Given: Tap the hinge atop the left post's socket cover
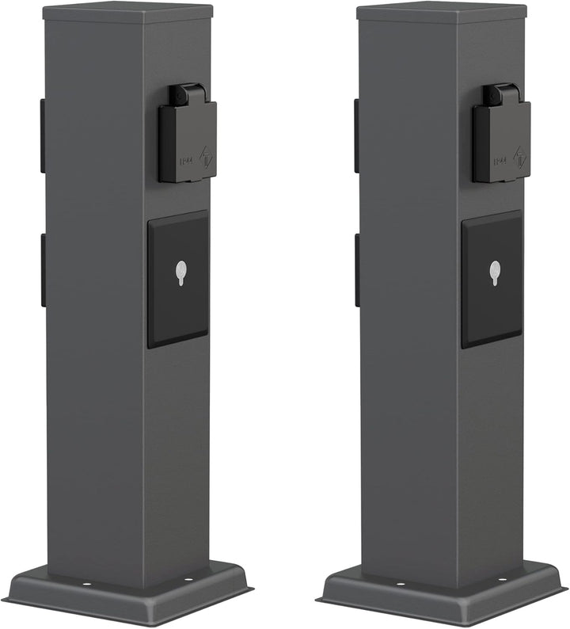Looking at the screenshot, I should tap(189, 94).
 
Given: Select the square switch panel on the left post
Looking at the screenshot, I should tap(178, 278).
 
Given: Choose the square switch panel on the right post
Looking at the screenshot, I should tap(492, 278).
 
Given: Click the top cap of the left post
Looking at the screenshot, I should tap(127, 12).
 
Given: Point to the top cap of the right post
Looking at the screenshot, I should tap(441, 12).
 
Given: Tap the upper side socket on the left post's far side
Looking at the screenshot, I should tap(43, 135).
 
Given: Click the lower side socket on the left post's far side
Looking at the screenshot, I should tap(43, 270).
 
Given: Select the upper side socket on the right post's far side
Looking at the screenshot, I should tap(357, 135).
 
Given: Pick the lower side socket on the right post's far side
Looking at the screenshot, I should tap(357, 270).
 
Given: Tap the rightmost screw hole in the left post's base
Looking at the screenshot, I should tap(188, 579).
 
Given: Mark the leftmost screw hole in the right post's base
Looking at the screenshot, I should tap(401, 583).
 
